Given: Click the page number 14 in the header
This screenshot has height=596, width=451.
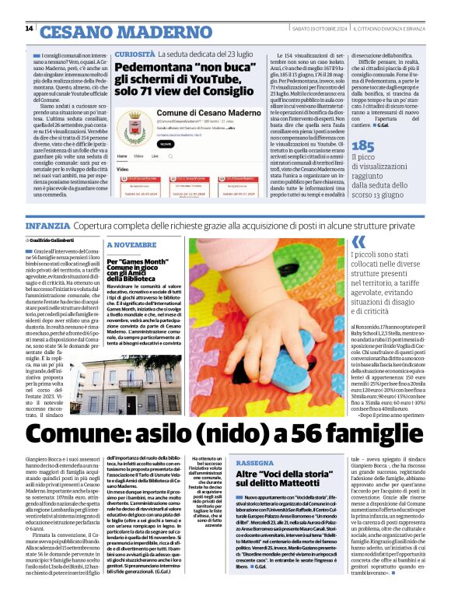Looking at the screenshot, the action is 29,29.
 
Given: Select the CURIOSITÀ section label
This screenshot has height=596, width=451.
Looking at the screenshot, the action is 134,55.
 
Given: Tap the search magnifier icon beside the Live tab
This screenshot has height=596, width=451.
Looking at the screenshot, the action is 174,156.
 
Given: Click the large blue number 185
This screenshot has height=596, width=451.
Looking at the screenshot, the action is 363,145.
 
